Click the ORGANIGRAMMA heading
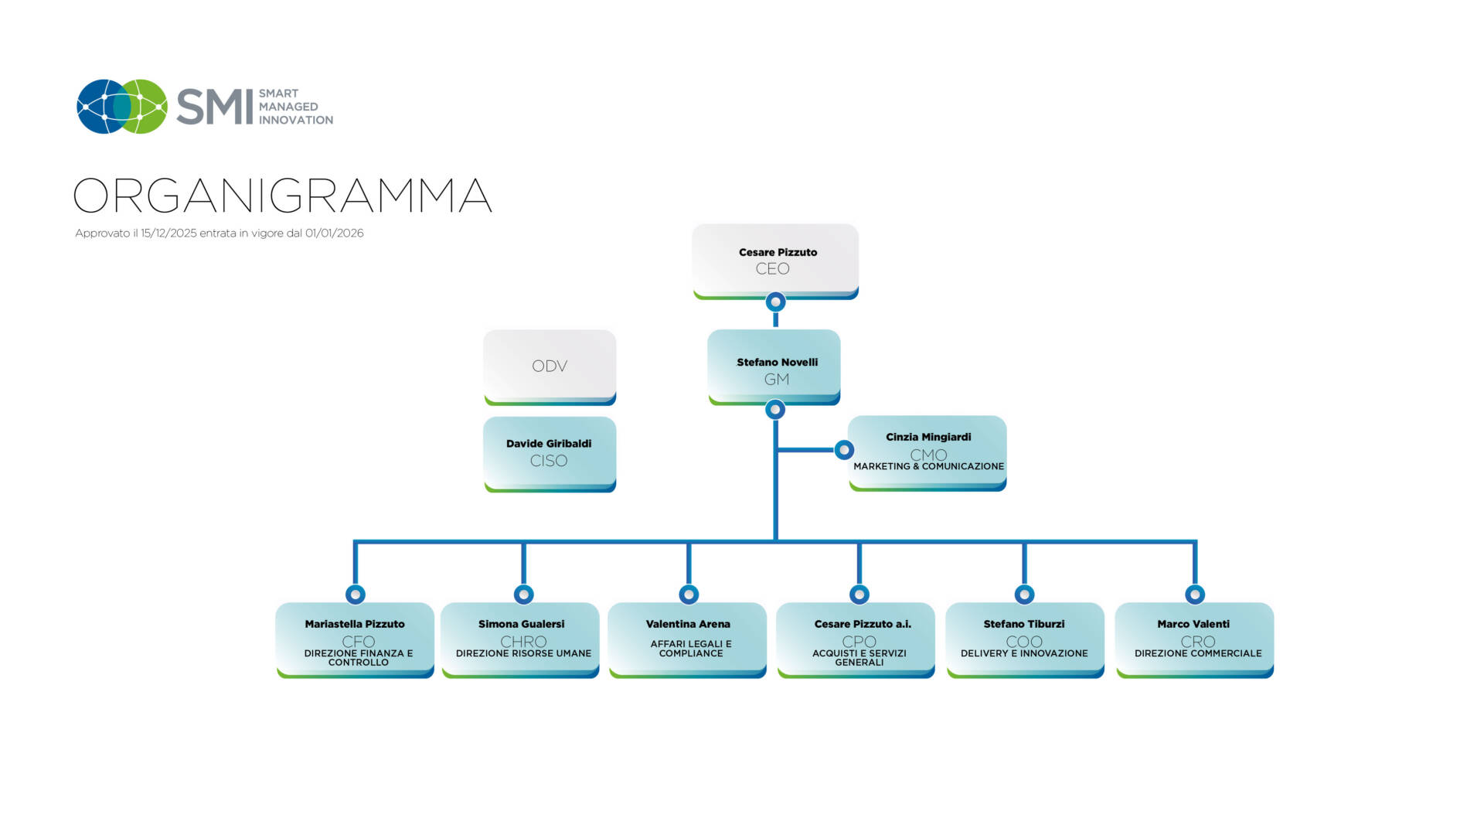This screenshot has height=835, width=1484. [282, 195]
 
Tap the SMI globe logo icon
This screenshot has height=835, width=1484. [122, 107]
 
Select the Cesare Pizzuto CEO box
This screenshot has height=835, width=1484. [775, 261]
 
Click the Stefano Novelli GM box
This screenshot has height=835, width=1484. [774, 366]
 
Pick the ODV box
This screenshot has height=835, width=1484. [550, 366]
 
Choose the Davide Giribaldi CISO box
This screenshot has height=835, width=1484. [550, 453]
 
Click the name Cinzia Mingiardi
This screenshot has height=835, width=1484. [928, 437]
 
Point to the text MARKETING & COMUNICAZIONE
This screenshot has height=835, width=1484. [928, 466]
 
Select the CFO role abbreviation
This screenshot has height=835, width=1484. [358, 641]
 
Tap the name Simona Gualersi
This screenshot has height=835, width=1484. [521, 624]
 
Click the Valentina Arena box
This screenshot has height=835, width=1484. [688, 639]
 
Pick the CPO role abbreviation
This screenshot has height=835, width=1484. [859, 641]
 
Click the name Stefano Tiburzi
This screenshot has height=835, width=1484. [1023, 624]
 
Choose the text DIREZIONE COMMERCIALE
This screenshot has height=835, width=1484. [1197, 653]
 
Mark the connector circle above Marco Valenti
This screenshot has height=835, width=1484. [1195, 594]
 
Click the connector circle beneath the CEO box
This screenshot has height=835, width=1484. [775, 302]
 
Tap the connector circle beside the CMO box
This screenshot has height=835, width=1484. [844, 449]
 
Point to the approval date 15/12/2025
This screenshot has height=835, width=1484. [168, 233]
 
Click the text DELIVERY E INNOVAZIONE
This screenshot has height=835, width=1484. [1024, 653]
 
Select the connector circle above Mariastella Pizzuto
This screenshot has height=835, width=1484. [356, 594]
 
